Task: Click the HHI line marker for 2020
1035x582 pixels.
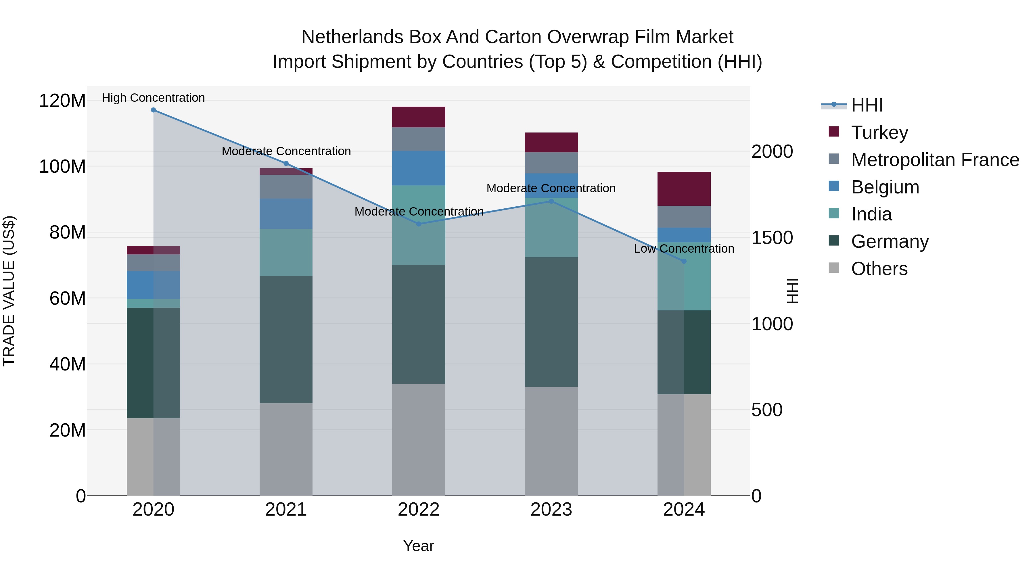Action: (x=154, y=110)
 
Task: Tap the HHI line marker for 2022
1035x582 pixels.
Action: (x=419, y=224)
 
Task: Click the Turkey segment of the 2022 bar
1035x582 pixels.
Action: (x=419, y=117)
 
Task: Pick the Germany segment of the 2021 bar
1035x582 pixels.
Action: (x=286, y=339)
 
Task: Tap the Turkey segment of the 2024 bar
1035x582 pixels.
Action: (x=684, y=189)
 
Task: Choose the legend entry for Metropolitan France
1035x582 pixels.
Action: (x=935, y=160)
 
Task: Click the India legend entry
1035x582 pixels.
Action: (x=871, y=214)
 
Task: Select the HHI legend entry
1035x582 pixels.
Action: (x=866, y=105)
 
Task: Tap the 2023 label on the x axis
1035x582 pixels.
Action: (x=551, y=510)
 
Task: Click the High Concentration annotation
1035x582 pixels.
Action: (x=154, y=98)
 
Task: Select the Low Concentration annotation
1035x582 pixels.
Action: (x=684, y=249)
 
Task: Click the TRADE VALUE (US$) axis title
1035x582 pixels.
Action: (x=9, y=291)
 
